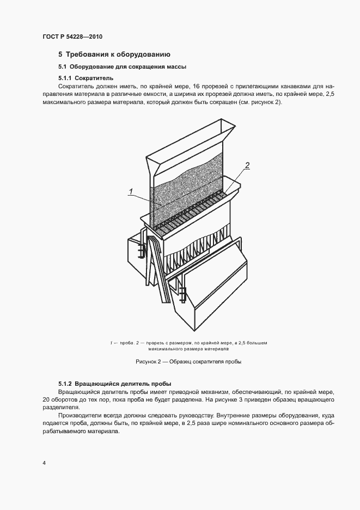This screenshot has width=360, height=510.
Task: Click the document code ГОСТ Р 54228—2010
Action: tap(72, 37)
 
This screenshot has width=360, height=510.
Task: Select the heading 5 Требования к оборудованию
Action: tap(114, 54)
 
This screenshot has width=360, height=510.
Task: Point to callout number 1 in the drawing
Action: tap(131, 190)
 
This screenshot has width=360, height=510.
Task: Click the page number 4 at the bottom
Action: tap(44, 463)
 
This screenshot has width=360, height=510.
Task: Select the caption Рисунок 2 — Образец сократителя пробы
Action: tap(187, 361)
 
